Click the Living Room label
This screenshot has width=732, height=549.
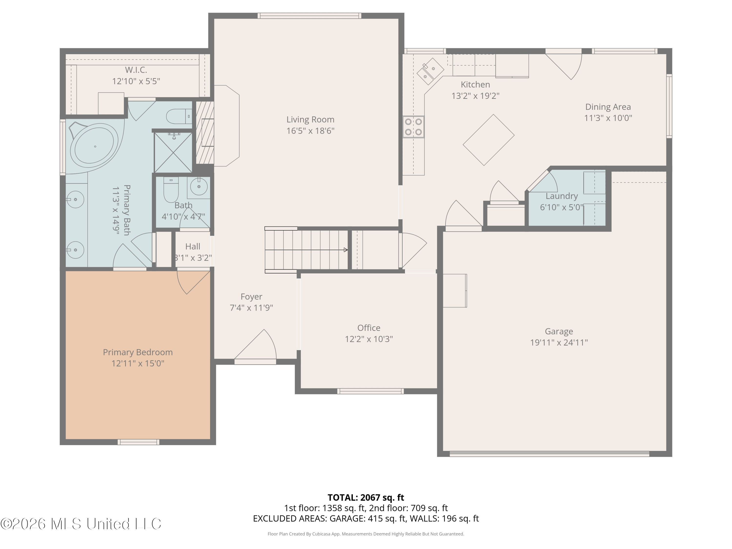(310, 120)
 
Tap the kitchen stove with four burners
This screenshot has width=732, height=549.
(413, 127)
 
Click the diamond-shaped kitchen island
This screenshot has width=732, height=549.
(488, 140)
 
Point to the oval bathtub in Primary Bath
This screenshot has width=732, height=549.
(95, 146)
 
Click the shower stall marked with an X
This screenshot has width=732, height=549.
(173, 152)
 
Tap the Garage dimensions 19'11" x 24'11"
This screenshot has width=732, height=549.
(559, 343)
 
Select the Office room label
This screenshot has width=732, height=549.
(369, 328)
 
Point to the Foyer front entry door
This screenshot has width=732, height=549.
(255, 346)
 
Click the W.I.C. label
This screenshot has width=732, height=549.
(136, 70)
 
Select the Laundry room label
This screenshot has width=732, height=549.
(562, 196)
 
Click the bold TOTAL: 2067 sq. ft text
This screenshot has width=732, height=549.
(366, 498)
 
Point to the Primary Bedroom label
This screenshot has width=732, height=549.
(138, 352)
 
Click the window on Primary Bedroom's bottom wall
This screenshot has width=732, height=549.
(138, 442)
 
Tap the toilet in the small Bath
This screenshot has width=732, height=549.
(171, 190)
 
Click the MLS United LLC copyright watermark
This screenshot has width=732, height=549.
(81, 524)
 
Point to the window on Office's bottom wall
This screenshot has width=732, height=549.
(370, 391)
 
